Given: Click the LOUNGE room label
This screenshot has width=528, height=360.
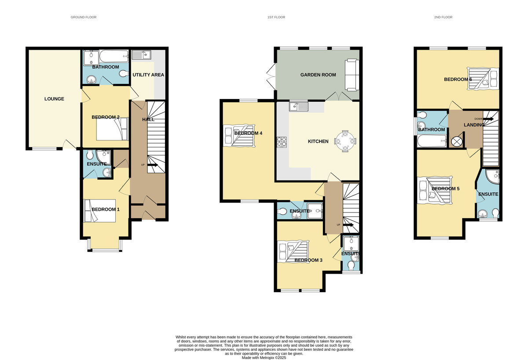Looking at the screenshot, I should point(54,99).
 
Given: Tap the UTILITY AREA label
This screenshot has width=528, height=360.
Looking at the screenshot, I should point(148,75).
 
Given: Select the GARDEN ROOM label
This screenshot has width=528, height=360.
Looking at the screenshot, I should point(318,75).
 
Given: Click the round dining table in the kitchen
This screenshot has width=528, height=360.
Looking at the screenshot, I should point(345,142).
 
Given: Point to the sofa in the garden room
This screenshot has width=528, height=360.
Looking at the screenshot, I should point(352,73).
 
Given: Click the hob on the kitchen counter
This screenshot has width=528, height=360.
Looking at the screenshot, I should point(281,142).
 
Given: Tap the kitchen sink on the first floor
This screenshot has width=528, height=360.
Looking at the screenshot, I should point(299,106).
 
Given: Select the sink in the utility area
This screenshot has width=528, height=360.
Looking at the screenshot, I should point(141,55).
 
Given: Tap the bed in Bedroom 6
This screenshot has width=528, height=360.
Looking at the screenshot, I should point(483,79).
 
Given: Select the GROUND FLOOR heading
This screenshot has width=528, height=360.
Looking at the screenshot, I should point(84,17).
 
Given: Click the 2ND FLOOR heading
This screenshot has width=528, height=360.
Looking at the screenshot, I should point(443,17).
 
